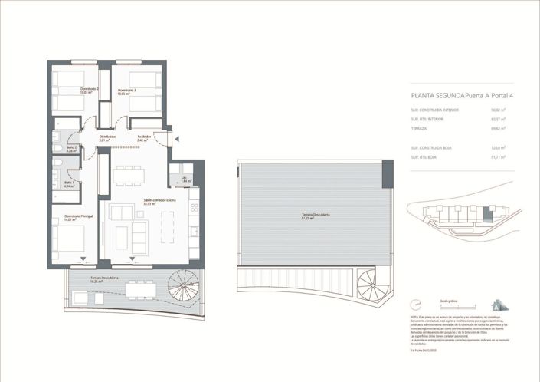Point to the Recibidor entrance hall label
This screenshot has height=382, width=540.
142,139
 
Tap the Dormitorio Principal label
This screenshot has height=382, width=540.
79,218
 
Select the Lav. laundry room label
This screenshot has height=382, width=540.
185,179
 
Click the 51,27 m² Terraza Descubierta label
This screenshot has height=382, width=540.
315,216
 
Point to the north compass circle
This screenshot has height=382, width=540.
415,303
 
